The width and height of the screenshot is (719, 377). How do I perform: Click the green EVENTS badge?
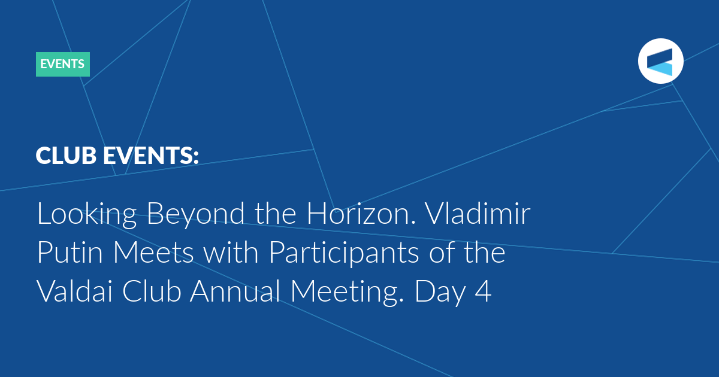(63, 64)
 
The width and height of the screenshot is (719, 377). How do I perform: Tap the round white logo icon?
(660, 61)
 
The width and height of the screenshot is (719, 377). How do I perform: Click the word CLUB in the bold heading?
(66, 156)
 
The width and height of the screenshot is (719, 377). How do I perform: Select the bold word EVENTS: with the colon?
(151, 156)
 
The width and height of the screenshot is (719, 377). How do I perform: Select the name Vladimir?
(478, 213)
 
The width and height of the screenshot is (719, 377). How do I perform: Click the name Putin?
(70, 252)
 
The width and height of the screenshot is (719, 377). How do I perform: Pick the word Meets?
(154, 252)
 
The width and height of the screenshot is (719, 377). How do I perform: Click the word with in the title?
(231, 252)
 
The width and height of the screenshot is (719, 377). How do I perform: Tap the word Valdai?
(75, 291)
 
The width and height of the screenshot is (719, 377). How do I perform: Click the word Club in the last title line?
(152, 291)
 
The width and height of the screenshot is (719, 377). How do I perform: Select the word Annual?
(235, 291)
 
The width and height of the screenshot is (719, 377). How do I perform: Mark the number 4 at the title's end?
(484, 291)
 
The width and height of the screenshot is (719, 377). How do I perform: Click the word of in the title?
(442, 252)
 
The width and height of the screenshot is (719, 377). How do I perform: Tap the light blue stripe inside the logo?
(660, 69)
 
